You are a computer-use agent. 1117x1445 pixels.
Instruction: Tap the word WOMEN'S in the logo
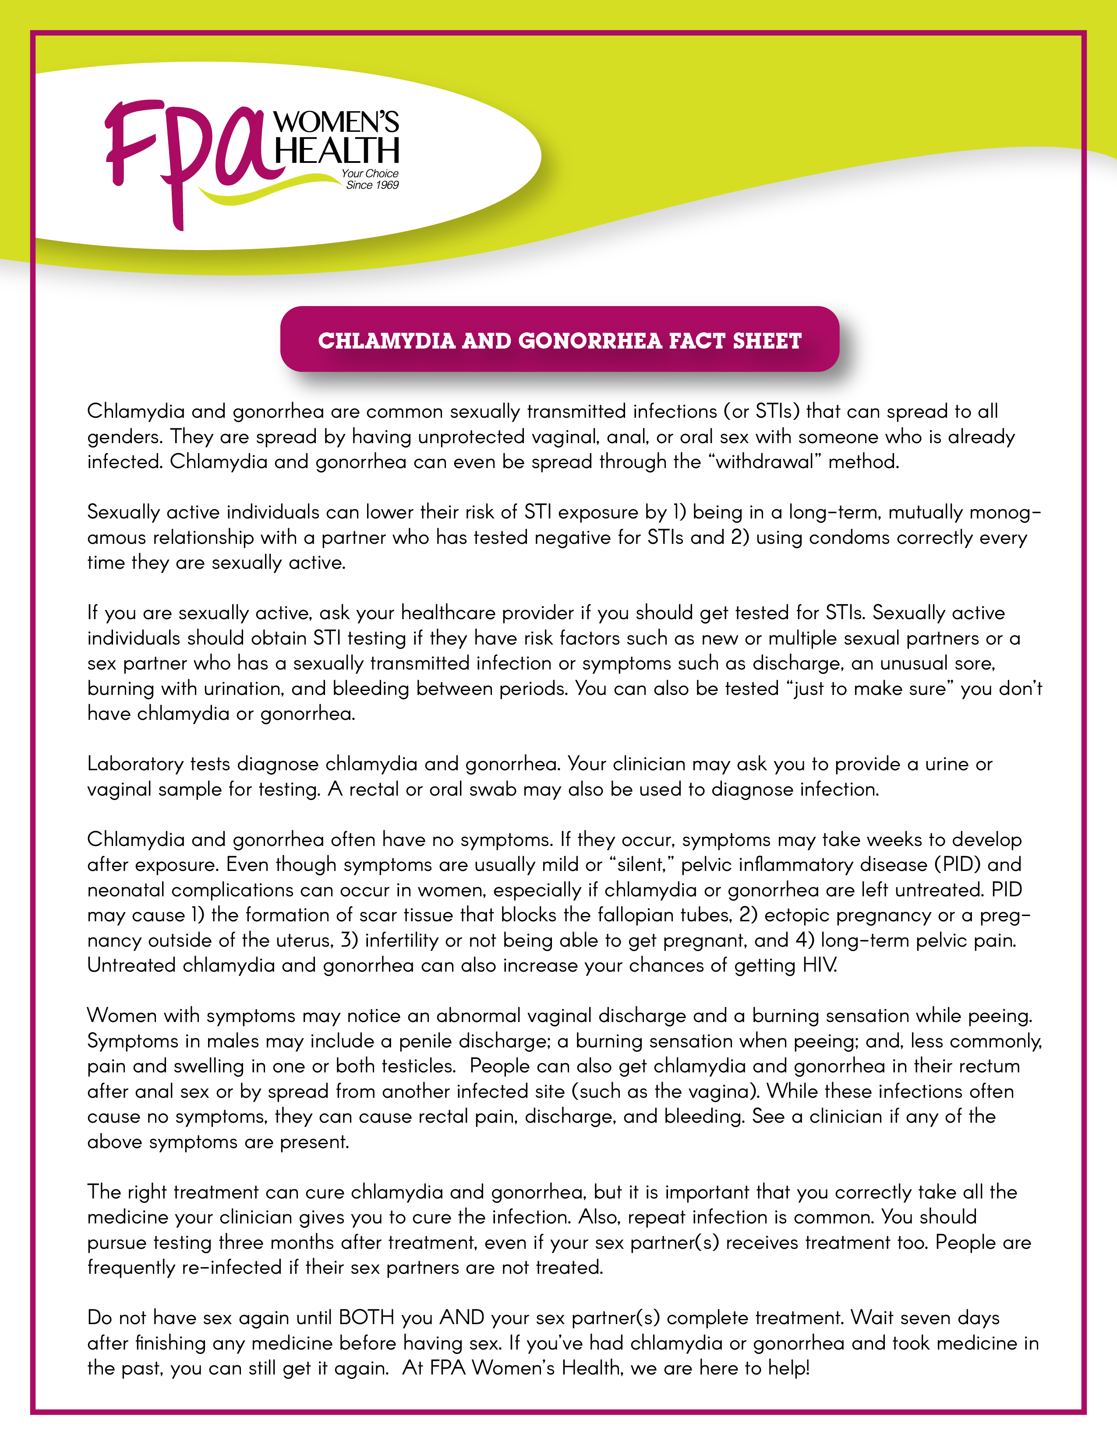pos(336,123)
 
